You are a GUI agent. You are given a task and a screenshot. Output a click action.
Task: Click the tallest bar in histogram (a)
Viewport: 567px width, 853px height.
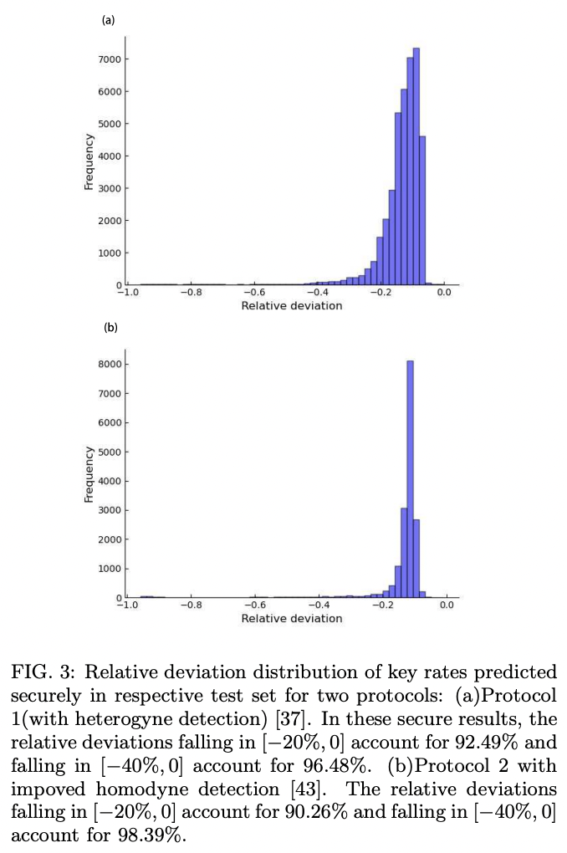[x=416, y=167]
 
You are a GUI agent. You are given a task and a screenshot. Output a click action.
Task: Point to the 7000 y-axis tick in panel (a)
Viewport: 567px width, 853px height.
[x=110, y=59]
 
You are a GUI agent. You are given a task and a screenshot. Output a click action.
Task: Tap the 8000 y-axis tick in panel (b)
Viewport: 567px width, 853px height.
[x=110, y=365]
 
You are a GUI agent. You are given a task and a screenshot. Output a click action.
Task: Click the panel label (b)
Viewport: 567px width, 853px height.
[x=110, y=328]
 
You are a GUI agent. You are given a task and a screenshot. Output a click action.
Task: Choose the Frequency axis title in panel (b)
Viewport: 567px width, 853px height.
[x=89, y=475]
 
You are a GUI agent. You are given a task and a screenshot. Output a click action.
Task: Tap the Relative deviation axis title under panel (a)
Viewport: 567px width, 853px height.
[x=291, y=306]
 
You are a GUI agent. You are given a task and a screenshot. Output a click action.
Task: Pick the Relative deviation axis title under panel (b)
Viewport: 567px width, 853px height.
[x=291, y=619]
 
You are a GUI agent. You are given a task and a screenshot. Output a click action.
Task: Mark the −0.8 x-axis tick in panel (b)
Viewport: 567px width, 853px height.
[x=190, y=605]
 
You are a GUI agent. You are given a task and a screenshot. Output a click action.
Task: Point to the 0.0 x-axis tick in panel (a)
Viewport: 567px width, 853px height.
[x=445, y=293]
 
